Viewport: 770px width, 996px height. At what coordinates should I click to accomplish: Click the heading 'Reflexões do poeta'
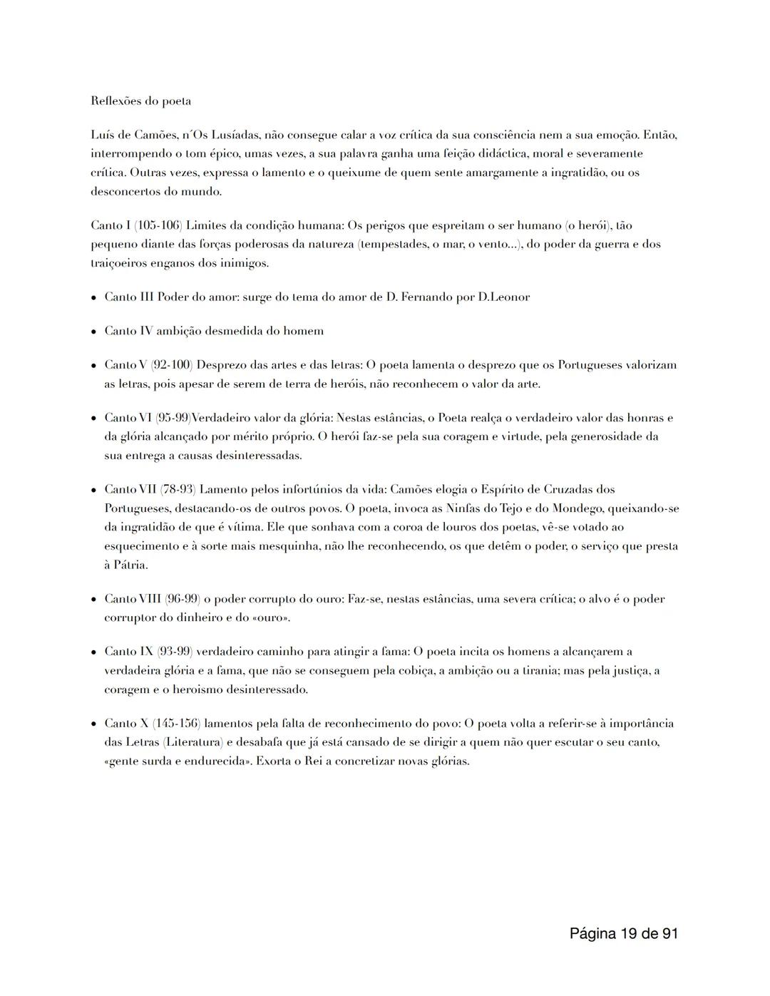140,101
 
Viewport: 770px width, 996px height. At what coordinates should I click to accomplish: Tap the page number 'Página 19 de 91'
623,933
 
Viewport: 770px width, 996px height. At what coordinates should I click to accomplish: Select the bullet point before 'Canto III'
93,297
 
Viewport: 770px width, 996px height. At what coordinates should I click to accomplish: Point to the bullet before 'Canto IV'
93,332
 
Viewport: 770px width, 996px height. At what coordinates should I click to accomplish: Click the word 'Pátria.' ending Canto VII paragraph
126,565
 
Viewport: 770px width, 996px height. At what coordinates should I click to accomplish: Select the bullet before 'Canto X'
93,724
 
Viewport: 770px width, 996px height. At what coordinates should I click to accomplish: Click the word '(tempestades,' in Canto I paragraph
391,244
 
